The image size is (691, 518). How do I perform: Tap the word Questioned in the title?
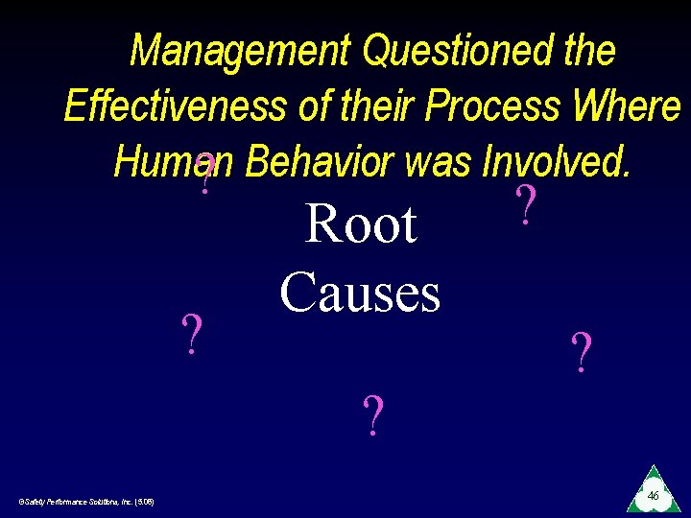(x=454, y=51)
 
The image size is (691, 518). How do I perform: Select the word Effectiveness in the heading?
(x=174, y=106)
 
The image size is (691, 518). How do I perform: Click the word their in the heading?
(x=381, y=106)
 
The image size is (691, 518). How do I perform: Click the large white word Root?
(x=360, y=224)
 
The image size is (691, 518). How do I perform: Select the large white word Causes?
(x=360, y=292)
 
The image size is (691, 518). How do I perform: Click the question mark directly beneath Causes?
(x=372, y=414)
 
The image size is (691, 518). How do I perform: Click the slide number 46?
(x=652, y=495)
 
